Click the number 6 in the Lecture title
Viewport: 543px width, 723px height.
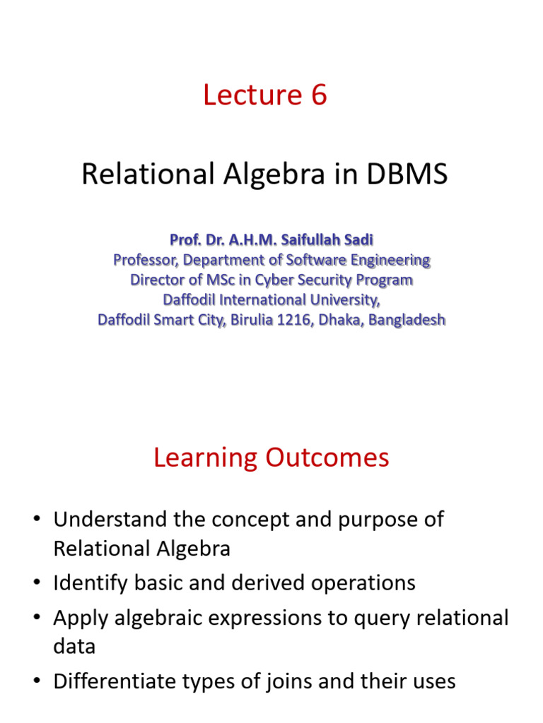point(319,95)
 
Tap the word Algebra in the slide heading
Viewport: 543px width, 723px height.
point(274,175)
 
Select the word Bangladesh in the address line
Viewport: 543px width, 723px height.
point(407,320)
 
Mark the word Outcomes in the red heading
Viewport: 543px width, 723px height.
point(327,458)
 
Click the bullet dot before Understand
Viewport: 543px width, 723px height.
point(37,519)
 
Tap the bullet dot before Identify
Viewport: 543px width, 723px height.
point(37,582)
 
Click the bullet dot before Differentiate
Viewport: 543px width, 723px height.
point(37,681)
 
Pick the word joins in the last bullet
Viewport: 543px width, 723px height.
point(288,681)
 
